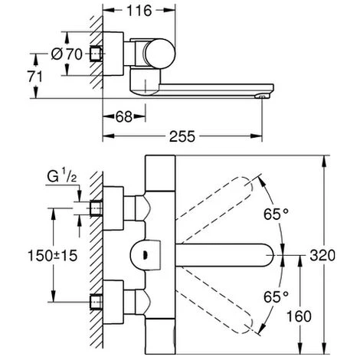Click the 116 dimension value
tap(139, 11)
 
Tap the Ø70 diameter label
tap(67, 54)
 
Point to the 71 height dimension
tap(35, 77)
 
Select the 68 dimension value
tap(124, 116)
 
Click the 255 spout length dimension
tap(182, 136)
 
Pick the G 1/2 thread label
tap(62, 177)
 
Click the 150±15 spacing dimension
tap(52, 255)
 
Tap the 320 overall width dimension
tap(322, 255)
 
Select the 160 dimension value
tap(299, 316)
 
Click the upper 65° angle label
tap(276, 214)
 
